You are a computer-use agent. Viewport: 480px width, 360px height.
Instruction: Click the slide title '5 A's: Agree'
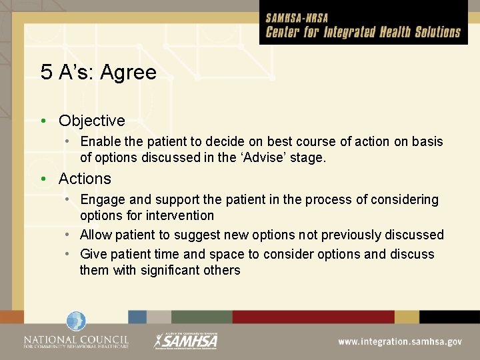pyautogui.click(x=99, y=73)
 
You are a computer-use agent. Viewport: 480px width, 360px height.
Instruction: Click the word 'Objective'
pyautogui.click(x=91, y=121)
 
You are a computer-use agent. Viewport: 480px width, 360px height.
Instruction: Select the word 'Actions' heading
pyautogui.click(x=85, y=179)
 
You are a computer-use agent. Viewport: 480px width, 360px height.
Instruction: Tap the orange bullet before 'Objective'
pyautogui.click(x=43, y=121)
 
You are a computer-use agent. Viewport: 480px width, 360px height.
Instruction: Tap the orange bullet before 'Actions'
pyautogui.click(x=43, y=179)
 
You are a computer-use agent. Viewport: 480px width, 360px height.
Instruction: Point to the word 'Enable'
pyautogui.click(x=100, y=141)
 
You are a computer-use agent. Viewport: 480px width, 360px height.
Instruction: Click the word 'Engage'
pyautogui.click(x=102, y=199)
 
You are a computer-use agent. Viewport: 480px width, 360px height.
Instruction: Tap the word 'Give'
pyautogui.click(x=93, y=254)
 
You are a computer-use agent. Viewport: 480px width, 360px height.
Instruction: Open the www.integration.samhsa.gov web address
pyautogui.click(x=399, y=341)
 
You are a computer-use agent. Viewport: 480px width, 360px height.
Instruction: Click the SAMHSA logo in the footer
pyautogui.click(x=186, y=340)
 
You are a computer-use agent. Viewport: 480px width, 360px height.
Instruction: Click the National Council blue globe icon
pyautogui.click(x=76, y=321)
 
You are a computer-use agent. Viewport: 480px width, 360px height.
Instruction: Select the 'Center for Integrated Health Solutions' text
pyautogui.click(x=363, y=32)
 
